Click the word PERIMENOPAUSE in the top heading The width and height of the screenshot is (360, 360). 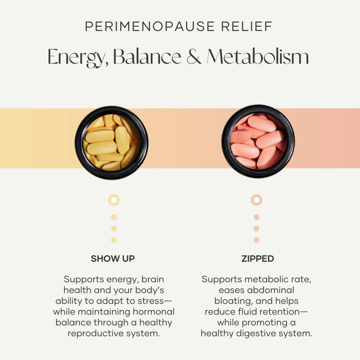pyautogui.click(x=150, y=26)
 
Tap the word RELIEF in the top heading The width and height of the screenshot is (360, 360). pyautogui.click(x=247, y=26)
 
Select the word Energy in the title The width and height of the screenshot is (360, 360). pyautogui.click(x=78, y=57)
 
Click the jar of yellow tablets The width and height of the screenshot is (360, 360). pyautogui.click(x=112, y=143)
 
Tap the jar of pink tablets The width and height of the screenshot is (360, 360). pyautogui.click(x=258, y=141)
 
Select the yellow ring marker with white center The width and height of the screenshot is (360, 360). pyautogui.click(x=114, y=200)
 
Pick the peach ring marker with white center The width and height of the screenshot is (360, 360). pyautogui.click(x=256, y=200)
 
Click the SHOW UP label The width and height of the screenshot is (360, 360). pyautogui.click(x=113, y=259)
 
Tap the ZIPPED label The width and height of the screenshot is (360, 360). pyautogui.click(x=258, y=259)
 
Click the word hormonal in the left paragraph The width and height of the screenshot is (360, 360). pyautogui.click(x=154, y=312)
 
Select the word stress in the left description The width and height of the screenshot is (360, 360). pyautogui.click(x=154, y=301)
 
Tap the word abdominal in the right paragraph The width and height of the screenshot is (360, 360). pyautogui.click(x=271, y=290)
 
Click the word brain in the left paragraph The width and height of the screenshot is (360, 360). pyautogui.click(x=153, y=279)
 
